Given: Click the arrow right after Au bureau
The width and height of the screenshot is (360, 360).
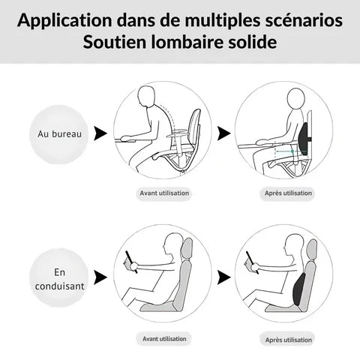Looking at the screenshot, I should tap(98, 133).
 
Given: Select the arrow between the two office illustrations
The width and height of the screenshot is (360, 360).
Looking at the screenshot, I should tap(223, 133).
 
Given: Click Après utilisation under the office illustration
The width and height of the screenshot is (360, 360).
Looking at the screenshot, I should tap(289, 193).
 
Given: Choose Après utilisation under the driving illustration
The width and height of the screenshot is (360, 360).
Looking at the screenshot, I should tap(289, 339).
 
